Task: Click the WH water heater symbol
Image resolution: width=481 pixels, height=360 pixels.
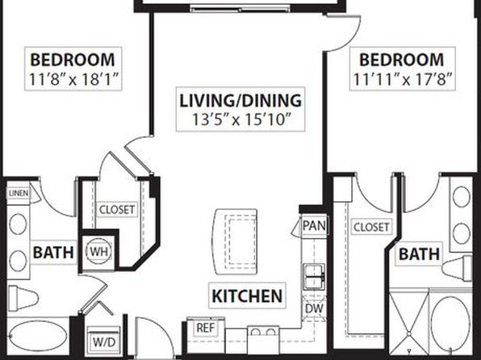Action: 99,251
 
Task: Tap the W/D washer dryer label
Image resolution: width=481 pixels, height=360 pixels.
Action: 104,342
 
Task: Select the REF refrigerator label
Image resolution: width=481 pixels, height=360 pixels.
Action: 206,328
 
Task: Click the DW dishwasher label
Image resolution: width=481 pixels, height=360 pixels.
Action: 315,308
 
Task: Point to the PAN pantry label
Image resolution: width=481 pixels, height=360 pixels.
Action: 314,226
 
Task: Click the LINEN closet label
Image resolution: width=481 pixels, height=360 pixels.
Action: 19,194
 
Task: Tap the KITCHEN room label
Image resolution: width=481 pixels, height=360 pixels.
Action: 247,296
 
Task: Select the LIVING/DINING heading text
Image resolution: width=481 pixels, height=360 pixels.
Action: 240,101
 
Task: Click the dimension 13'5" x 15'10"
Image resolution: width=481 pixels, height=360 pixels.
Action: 241,119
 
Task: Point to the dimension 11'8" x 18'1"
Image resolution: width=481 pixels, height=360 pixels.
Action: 73,79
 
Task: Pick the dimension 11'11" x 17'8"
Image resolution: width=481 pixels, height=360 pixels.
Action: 403,79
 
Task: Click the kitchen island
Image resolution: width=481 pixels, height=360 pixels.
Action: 236,241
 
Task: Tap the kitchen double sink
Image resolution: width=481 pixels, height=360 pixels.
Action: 315,277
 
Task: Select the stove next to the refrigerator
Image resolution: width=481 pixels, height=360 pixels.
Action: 264,340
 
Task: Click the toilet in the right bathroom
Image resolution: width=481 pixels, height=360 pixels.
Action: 457,269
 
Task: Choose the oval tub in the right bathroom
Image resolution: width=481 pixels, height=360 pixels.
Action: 450,322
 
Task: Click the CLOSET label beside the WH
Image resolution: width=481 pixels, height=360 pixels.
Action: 117,210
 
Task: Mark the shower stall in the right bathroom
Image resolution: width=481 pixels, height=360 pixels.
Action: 408,321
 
